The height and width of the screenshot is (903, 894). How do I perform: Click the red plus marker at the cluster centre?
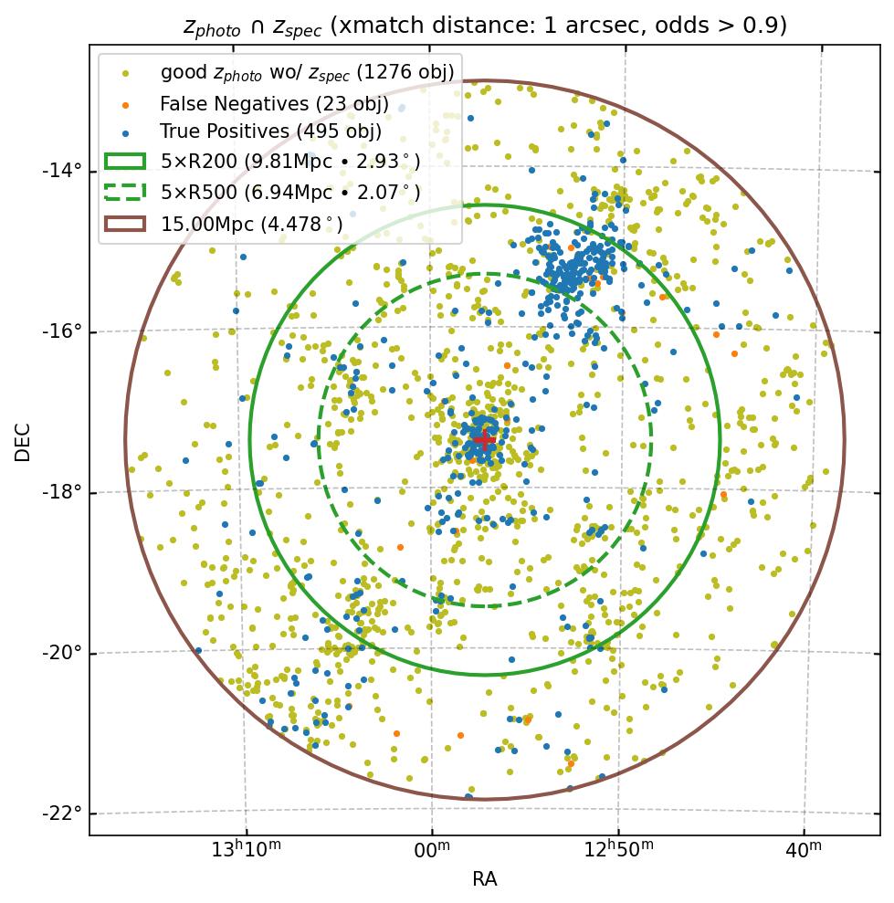click(484, 440)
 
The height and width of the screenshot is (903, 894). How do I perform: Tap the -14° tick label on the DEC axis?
click(63, 171)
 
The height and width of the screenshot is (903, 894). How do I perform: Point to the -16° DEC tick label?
click(63, 331)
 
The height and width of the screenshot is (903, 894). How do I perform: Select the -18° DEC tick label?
click(63, 492)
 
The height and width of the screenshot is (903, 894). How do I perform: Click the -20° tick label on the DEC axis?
click(63, 653)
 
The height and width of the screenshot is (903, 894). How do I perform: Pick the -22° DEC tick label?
click(63, 814)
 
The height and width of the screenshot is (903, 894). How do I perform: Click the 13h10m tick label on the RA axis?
click(246, 850)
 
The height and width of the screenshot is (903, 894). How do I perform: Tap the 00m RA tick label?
click(432, 850)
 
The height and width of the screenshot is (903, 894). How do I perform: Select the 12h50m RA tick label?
click(618, 850)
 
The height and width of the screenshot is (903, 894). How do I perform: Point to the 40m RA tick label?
click(804, 850)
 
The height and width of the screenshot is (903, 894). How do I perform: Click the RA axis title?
click(484, 880)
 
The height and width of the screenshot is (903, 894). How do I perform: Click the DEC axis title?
click(23, 441)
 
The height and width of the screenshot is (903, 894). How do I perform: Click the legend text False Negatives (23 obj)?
click(274, 104)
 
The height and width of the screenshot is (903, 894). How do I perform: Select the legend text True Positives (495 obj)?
click(270, 132)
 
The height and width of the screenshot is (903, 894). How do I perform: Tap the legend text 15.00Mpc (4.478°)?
click(252, 224)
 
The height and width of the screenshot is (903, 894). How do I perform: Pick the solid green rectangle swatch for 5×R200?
click(125, 162)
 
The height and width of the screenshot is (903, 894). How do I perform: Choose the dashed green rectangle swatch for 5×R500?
click(125, 193)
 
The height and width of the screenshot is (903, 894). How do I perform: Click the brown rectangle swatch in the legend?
click(125, 224)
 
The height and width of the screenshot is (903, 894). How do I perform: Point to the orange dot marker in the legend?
click(125, 104)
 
